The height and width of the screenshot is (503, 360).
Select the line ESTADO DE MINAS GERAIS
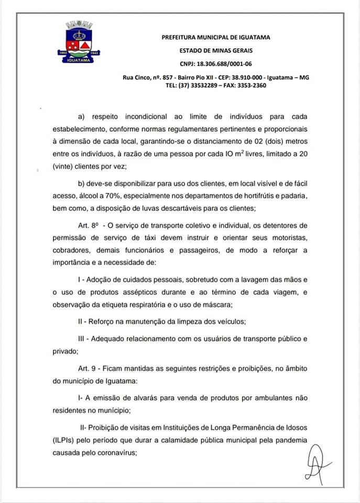pos(215,50)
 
